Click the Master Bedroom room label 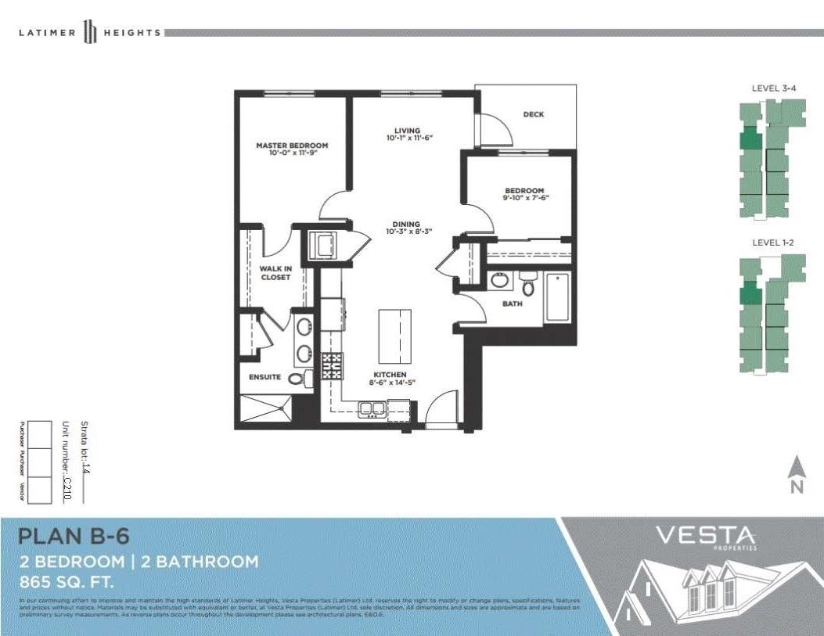click(292, 146)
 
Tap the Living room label click(408, 131)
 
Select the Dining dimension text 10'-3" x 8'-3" click(408, 232)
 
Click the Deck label click(533, 114)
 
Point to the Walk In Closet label click(275, 272)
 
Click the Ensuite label click(264, 377)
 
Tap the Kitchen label click(389, 375)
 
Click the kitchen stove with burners click(333, 365)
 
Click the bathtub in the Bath click(557, 296)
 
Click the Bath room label click(512, 304)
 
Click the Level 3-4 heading click(773, 88)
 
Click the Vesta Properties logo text click(705, 537)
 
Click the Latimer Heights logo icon click(90, 33)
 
